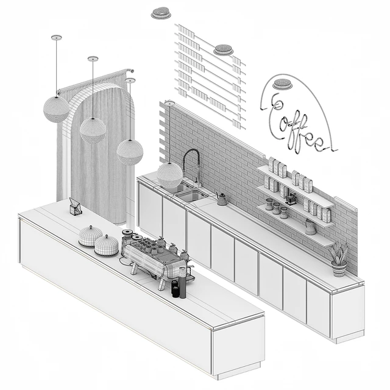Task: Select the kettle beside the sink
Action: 222,199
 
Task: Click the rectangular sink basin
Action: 192,196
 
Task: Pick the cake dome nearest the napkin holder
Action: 91,236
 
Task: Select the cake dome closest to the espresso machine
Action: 107,245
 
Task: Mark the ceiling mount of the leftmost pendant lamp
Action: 57,38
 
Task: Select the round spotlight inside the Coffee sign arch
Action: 282,84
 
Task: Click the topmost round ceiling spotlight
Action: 161,13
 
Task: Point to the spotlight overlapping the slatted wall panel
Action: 224,50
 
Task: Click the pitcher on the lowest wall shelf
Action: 310,227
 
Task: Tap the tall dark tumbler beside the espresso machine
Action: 183,283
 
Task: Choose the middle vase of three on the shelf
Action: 276,208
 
